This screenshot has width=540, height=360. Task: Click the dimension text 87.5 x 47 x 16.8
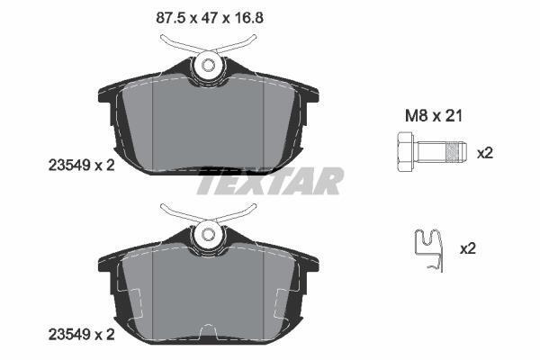coord(210,17)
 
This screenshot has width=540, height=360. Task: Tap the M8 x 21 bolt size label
coord(433,116)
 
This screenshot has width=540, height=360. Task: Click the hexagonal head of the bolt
coord(405,151)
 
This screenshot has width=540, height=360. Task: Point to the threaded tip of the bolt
coord(455,152)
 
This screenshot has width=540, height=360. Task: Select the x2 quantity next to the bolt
coord(485,153)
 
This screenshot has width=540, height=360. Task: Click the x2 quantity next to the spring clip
coord(468,248)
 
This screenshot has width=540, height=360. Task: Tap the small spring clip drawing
coord(428,250)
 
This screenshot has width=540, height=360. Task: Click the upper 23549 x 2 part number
coord(81,166)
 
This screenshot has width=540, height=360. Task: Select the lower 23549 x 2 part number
coord(81,334)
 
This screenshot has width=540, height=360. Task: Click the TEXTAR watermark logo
coord(270,181)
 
